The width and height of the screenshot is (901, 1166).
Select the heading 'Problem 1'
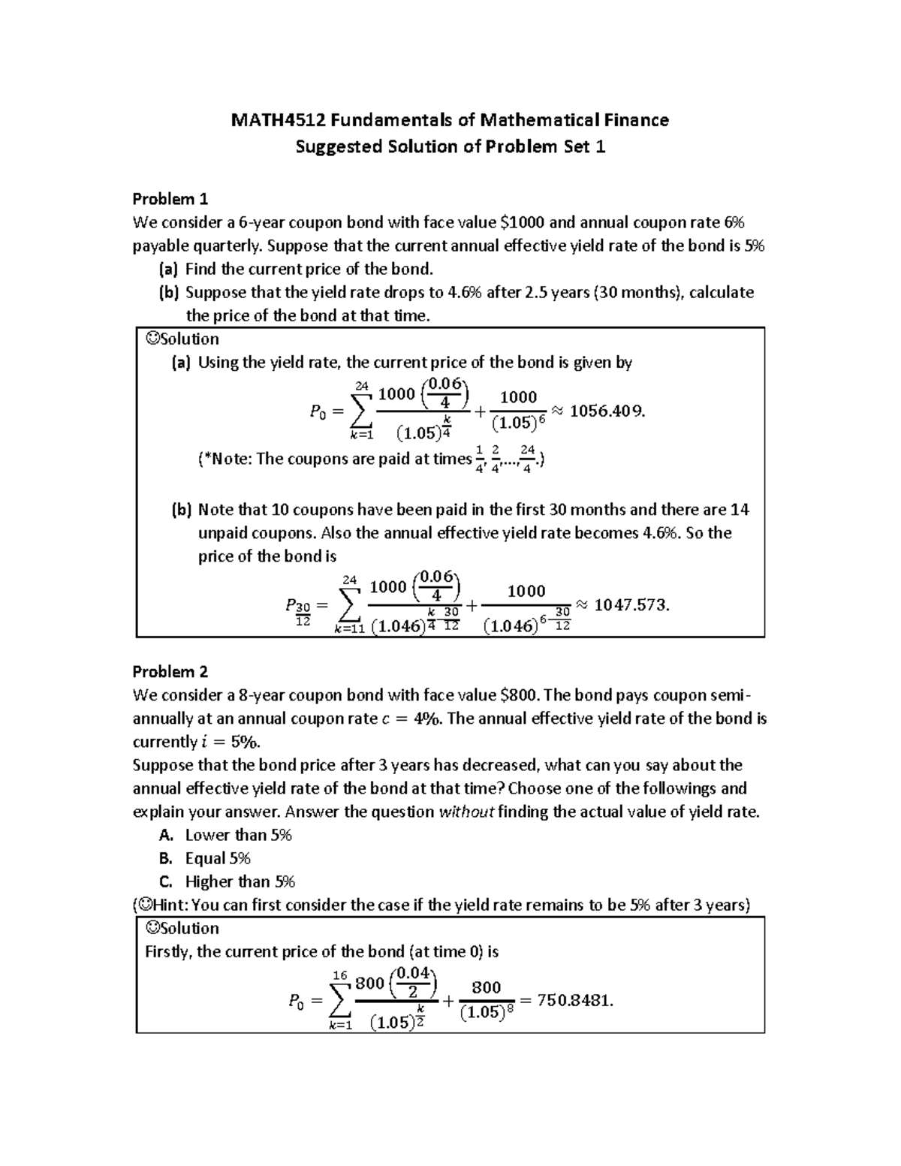point(170,199)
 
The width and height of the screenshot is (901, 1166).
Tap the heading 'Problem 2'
point(170,672)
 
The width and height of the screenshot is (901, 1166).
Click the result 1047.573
point(630,605)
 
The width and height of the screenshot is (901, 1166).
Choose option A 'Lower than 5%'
point(238,835)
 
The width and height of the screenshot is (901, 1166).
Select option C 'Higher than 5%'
point(240,881)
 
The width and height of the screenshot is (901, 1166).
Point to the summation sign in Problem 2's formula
point(339,999)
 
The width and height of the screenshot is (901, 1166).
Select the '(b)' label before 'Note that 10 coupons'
point(182,510)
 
